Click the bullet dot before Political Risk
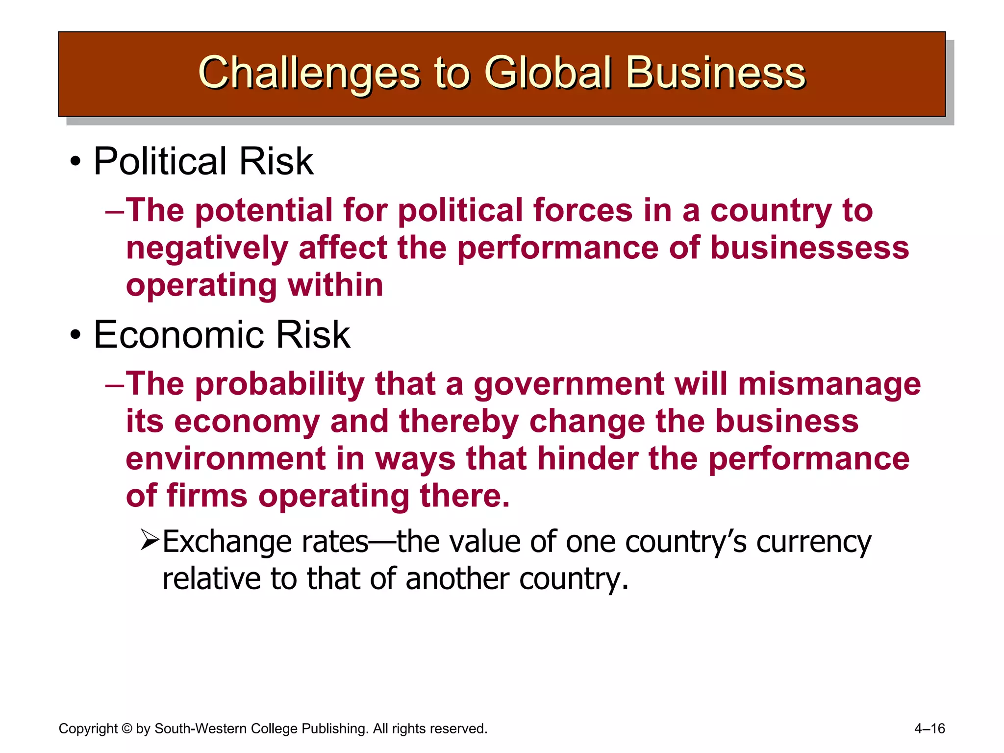tap(75, 162)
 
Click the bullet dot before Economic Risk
tap(75, 335)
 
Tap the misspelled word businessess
tap(809, 248)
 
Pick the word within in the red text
tap(335, 285)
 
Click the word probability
tap(279, 384)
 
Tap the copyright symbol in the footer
tap(126, 728)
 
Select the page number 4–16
tap(929, 728)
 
